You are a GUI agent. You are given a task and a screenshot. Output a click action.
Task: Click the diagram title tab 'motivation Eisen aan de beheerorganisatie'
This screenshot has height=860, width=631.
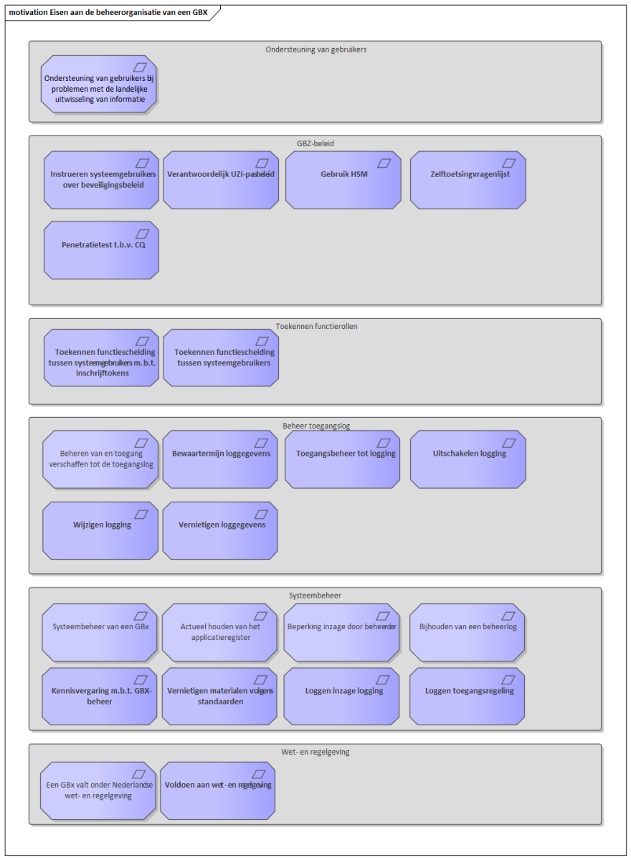point(108,12)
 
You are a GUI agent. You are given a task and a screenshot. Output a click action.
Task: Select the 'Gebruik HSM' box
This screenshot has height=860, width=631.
point(343,180)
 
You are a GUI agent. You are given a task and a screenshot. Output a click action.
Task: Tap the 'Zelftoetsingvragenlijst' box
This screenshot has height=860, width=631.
point(468,180)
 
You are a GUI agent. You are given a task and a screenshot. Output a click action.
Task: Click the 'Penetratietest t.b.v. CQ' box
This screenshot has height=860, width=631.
point(101,250)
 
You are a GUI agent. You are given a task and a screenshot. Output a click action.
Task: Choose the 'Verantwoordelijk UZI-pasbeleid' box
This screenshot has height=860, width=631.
point(221,180)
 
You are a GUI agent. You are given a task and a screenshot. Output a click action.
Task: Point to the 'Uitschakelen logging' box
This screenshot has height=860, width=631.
point(468,459)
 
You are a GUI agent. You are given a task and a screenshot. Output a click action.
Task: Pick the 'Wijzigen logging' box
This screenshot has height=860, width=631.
point(100,530)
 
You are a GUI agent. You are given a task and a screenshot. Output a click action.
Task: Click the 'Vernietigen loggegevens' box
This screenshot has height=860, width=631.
point(220,530)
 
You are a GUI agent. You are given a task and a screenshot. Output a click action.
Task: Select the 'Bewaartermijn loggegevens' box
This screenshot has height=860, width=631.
point(220,459)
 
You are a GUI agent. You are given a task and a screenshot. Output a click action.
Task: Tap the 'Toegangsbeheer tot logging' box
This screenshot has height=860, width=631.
point(342,459)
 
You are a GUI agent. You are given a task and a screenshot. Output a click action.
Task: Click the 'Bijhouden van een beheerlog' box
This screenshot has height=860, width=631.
point(467,632)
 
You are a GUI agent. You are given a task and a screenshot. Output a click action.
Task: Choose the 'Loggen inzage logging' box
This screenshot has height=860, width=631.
point(341,697)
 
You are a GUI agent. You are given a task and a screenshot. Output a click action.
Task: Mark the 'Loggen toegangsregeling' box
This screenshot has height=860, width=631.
point(467,697)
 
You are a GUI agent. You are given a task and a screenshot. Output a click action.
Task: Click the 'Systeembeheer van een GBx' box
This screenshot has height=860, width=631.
point(100,632)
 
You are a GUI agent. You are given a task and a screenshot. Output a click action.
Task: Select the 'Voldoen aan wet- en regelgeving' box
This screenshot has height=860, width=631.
point(218,791)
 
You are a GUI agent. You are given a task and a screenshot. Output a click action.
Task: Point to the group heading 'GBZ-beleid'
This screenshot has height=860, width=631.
point(315,143)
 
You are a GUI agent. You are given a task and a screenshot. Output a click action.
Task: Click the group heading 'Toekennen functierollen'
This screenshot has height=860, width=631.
point(316,326)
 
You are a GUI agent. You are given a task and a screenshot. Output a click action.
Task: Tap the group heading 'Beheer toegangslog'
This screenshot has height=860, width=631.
point(316,426)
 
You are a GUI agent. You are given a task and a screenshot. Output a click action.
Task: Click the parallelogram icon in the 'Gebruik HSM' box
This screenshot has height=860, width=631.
point(384,163)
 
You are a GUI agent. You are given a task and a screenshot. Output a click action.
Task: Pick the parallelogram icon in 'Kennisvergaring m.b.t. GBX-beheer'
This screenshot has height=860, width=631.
point(141,680)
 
